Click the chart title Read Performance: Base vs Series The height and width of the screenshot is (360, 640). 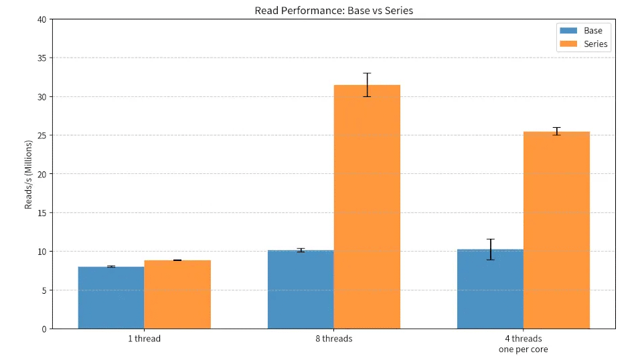click(333, 11)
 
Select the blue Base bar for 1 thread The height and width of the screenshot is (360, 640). click(111, 298)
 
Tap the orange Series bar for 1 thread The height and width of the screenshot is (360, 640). click(177, 294)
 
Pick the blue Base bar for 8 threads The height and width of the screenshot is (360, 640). click(301, 289)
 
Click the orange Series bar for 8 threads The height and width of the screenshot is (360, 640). click(367, 207)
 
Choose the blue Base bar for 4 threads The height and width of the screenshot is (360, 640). click(490, 289)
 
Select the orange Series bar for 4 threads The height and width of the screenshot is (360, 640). click(556, 230)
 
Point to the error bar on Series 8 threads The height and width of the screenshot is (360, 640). click(367, 85)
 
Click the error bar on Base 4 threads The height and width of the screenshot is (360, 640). click(490, 250)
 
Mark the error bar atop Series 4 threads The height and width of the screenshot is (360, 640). click(556, 131)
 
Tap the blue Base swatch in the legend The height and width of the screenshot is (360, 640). click(568, 31)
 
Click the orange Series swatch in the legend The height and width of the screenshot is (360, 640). click(568, 43)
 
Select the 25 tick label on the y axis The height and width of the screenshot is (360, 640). click(42, 136)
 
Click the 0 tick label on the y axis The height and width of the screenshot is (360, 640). click(44, 329)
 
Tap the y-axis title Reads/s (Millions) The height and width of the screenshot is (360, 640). click(28, 175)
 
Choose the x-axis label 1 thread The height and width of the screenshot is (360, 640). click(144, 339)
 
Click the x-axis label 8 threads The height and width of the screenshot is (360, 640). click(334, 339)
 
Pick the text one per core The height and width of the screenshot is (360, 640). click(524, 349)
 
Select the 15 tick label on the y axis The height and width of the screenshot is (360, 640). click(42, 213)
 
